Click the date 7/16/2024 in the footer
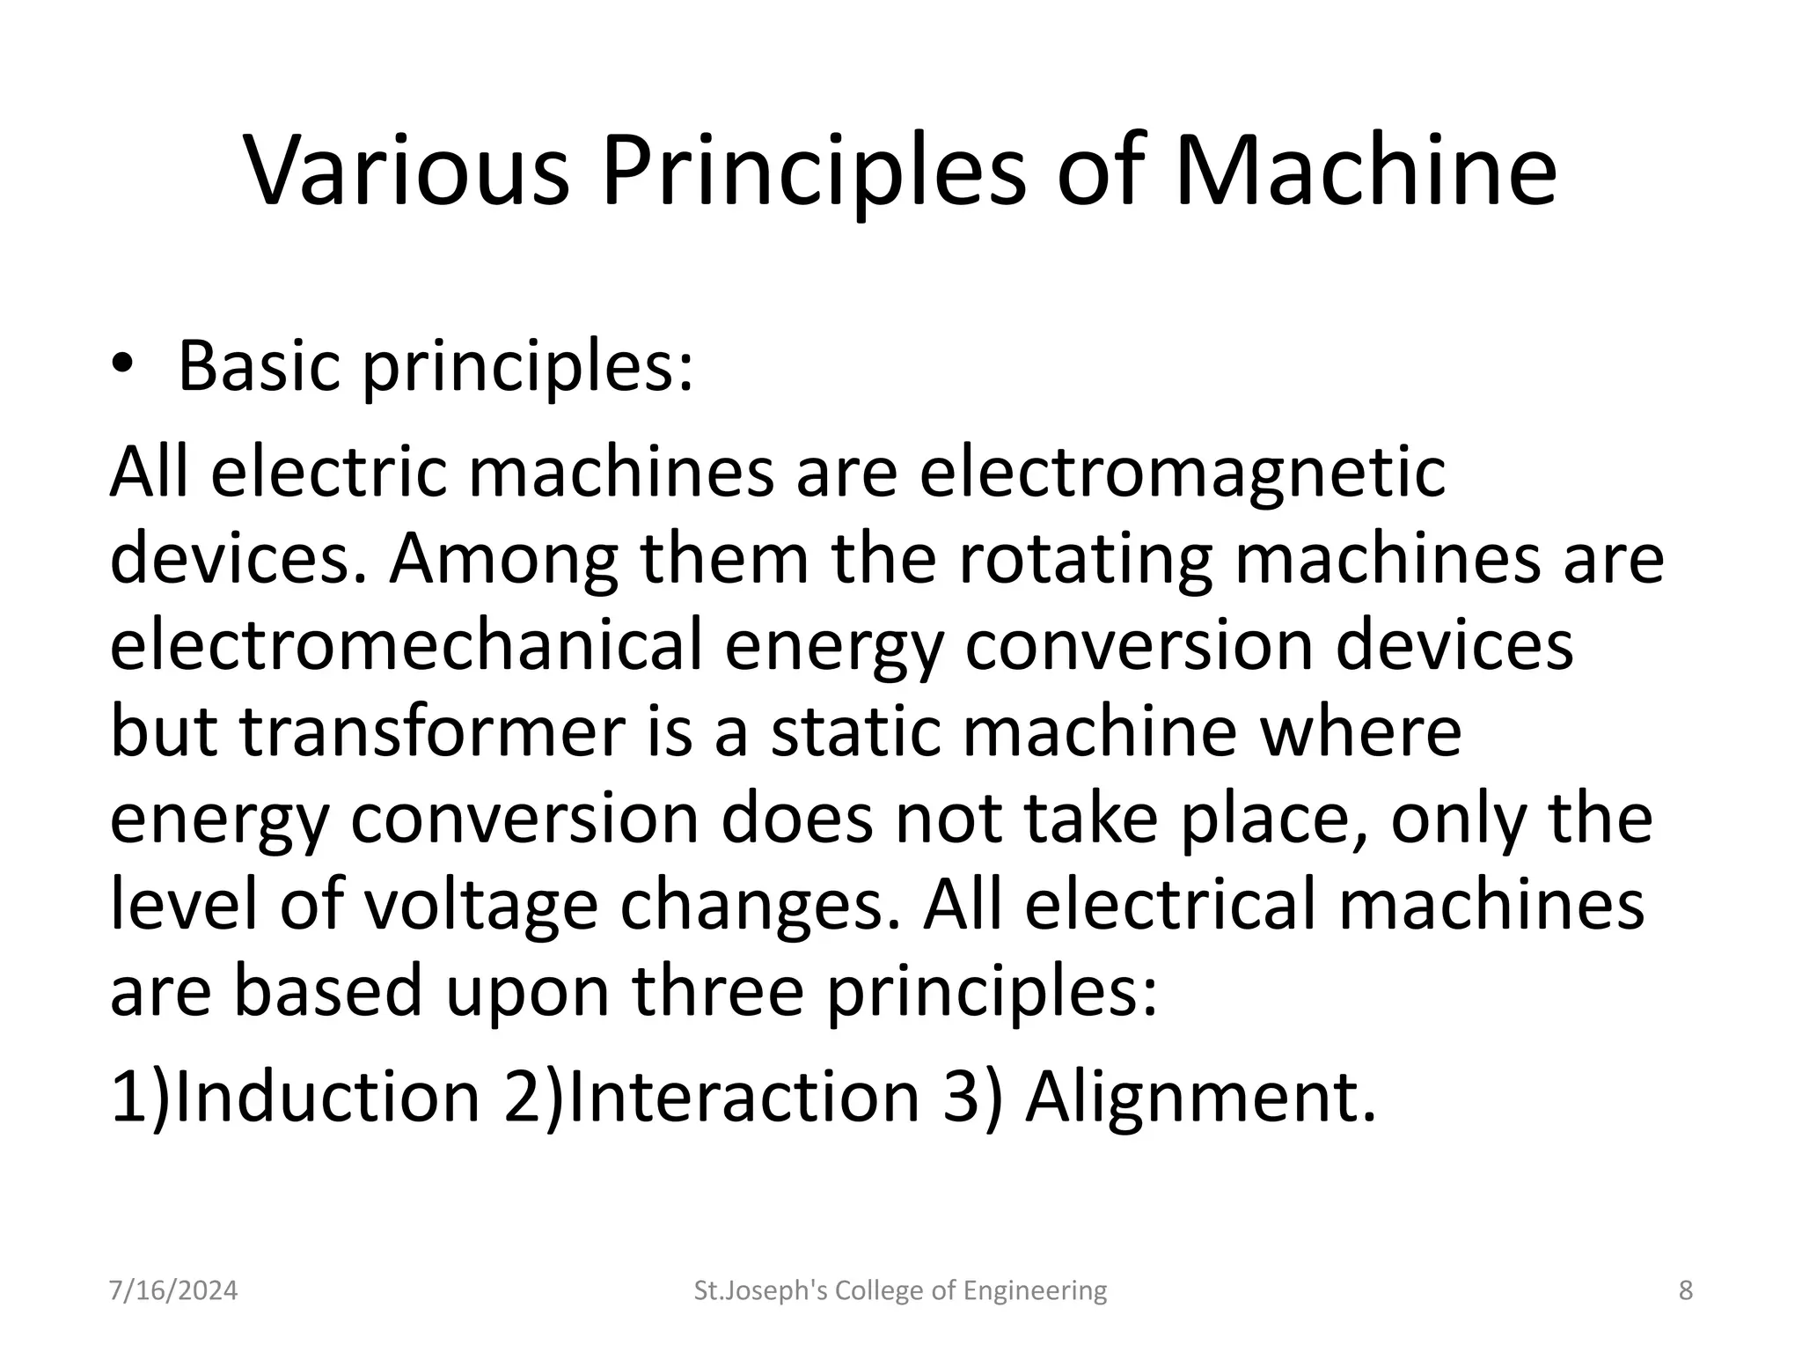[x=173, y=1291]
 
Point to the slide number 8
[x=1686, y=1291]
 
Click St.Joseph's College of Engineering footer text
[x=900, y=1291]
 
